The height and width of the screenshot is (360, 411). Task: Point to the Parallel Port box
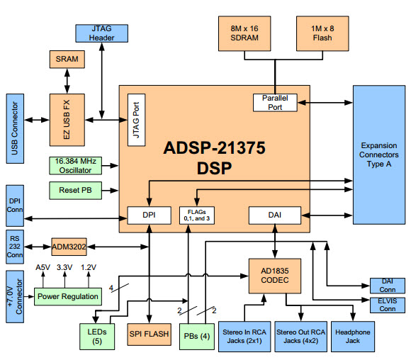tap(274, 101)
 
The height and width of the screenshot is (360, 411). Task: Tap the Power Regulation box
tap(68, 296)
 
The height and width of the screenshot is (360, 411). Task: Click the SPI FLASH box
tap(151, 332)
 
